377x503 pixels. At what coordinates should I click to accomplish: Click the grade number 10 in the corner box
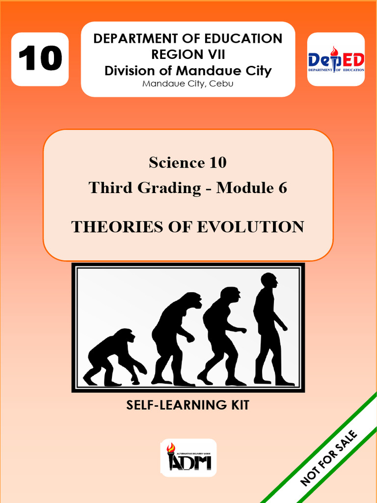(x=40, y=58)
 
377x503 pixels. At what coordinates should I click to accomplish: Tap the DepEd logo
(x=336, y=60)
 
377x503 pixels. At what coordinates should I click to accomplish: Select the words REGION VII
(x=188, y=55)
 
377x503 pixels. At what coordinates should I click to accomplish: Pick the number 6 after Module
(x=282, y=187)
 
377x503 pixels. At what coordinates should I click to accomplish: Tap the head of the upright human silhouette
(x=269, y=280)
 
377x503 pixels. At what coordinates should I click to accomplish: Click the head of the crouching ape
(x=127, y=336)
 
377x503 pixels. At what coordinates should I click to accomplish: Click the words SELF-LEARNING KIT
(x=188, y=406)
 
